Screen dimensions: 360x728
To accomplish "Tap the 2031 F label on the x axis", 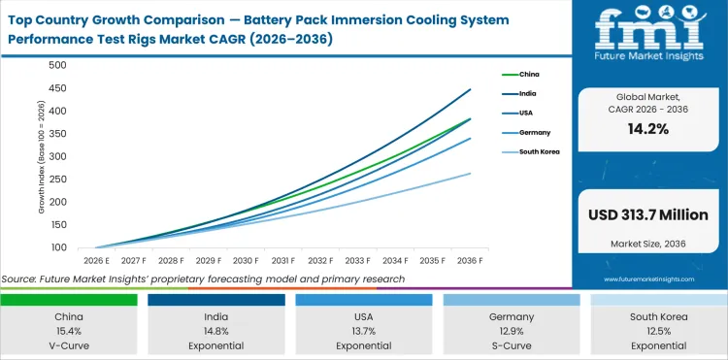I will click(x=283, y=261).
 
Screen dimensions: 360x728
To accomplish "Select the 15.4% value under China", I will click(x=68, y=330).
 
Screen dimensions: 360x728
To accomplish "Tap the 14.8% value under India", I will click(x=215, y=330).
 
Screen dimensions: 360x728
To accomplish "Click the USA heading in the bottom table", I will click(x=363, y=316).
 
